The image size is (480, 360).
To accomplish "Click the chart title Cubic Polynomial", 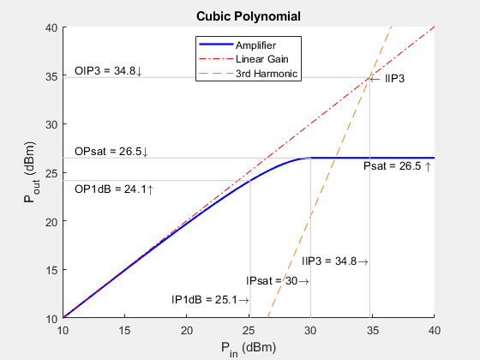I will pyautogui.click(x=249, y=16).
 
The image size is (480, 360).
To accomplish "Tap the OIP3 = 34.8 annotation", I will pyautogui.click(x=109, y=70).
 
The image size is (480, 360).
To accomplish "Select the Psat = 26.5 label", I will pyautogui.click(x=397, y=166).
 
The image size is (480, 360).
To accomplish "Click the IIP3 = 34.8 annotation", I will pyautogui.click(x=335, y=261).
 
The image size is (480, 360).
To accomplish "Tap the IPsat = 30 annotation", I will pyautogui.click(x=277, y=280).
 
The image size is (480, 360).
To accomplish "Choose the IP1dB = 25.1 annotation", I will pyautogui.click(x=210, y=299).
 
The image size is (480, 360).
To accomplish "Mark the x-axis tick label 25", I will pyautogui.click(x=249, y=329).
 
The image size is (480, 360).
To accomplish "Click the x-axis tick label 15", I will pyautogui.click(x=124, y=329).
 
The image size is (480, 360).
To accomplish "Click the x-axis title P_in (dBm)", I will pyautogui.click(x=249, y=347).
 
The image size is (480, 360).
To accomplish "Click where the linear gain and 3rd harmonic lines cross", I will pyautogui.click(x=370, y=77).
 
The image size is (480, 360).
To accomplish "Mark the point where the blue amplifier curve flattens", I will pyautogui.click(x=309, y=158).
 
